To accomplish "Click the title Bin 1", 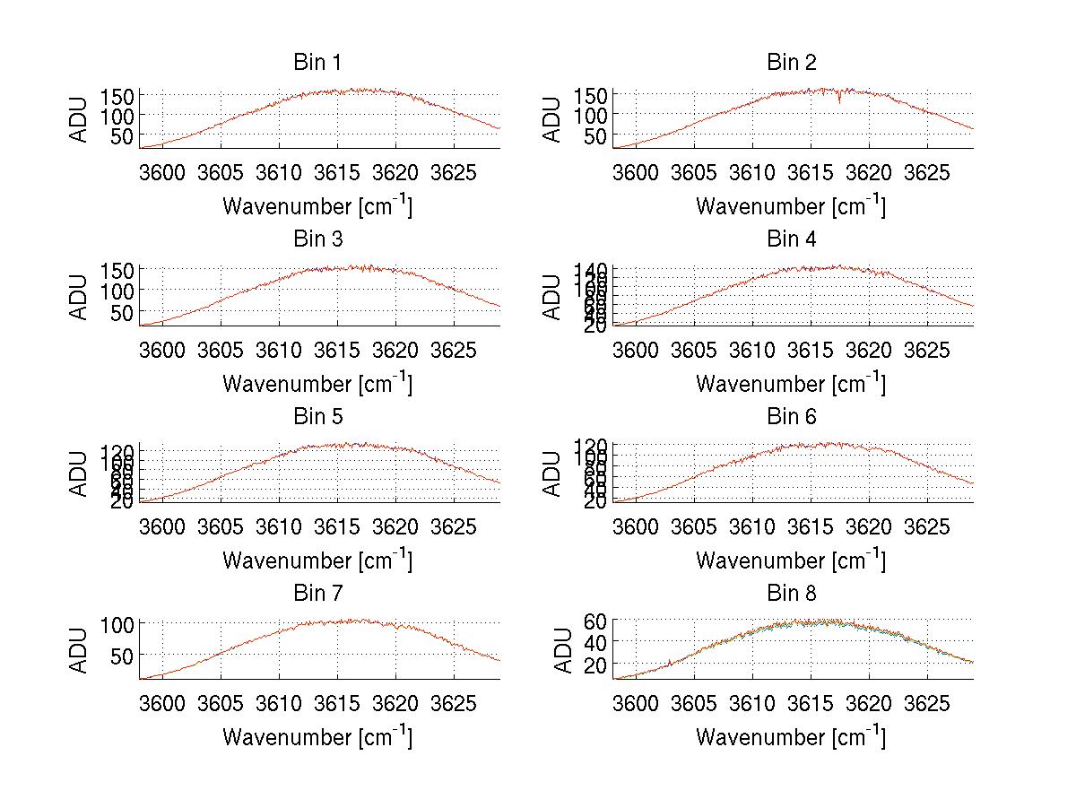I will tap(317, 62).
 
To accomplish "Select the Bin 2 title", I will tap(791, 62).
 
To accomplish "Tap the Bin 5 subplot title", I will tap(317, 416).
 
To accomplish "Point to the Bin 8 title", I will tap(791, 593).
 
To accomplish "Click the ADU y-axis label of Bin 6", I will tap(553, 473).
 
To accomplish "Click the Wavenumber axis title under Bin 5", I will tap(317, 560).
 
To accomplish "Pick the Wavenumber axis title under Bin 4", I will tap(791, 383).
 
